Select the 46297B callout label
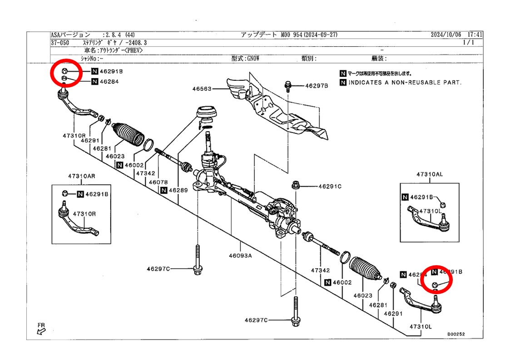point(316,85)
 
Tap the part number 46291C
point(330,186)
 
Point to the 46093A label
point(240,255)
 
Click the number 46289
point(178,190)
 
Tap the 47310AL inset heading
point(429,174)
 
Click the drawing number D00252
point(456,334)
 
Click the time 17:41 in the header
point(475,35)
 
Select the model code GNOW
point(253,58)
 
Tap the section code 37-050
point(60,42)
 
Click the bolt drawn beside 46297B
point(287,85)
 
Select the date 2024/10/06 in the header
point(446,35)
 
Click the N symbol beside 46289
point(163,190)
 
